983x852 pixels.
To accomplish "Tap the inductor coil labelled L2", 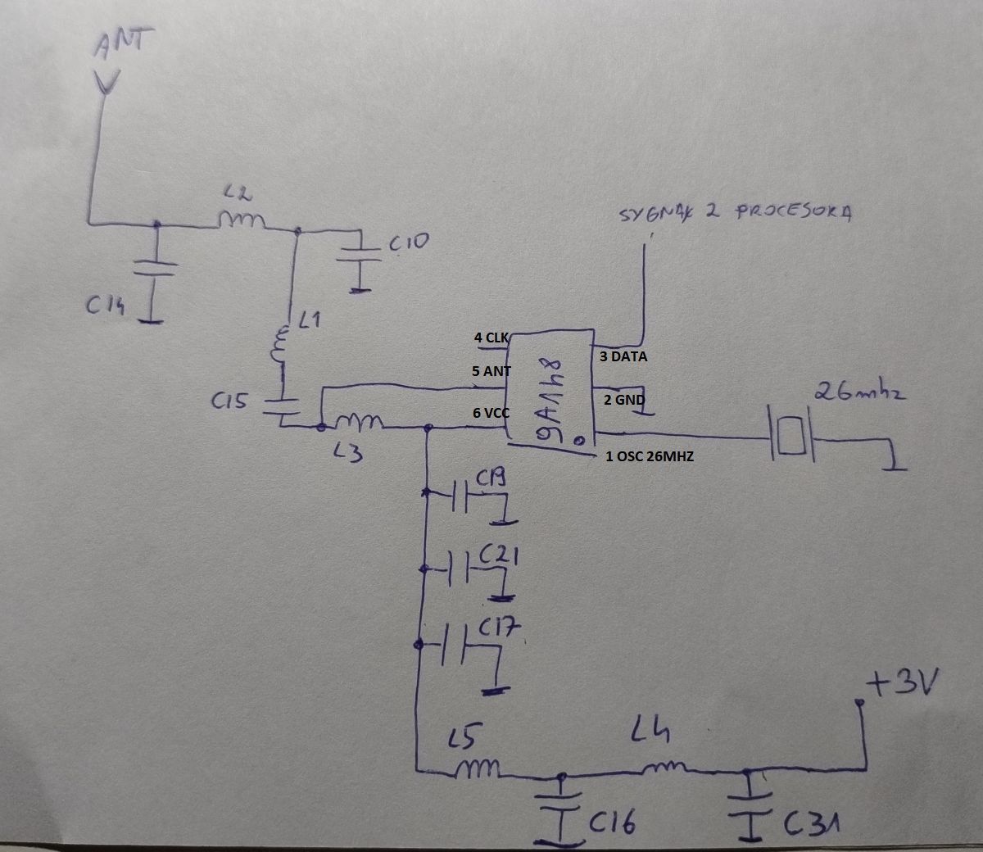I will pyautogui.click(x=242, y=220).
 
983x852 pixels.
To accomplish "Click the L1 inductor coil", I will pyautogui.click(x=280, y=347).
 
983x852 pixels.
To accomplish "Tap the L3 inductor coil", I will pyautogui.click(x=357, y=423).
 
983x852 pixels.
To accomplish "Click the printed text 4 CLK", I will pyautogui.click(x=491, y=338).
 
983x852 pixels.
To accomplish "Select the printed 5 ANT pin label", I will pyautogui.click(x=491, y=371).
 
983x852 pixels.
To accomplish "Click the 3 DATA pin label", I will pyautogui.click(x=623, y=357).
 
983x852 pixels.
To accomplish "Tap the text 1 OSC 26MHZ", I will pyautogui.click(x=650, y=456).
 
